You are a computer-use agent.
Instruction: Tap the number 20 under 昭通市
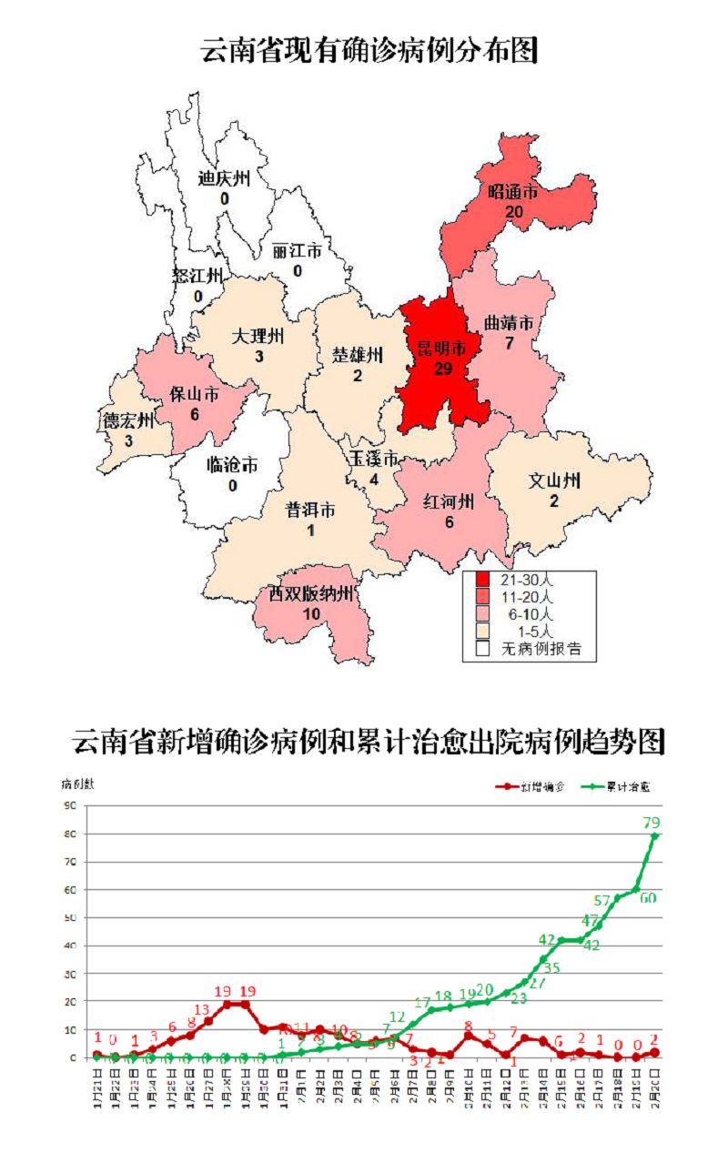513,211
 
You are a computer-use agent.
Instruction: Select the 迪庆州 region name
224,177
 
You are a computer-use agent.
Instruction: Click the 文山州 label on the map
555,480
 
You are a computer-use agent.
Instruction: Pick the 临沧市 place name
233,465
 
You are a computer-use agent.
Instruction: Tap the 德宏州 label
127,420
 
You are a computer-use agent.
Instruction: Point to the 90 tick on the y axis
68,805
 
